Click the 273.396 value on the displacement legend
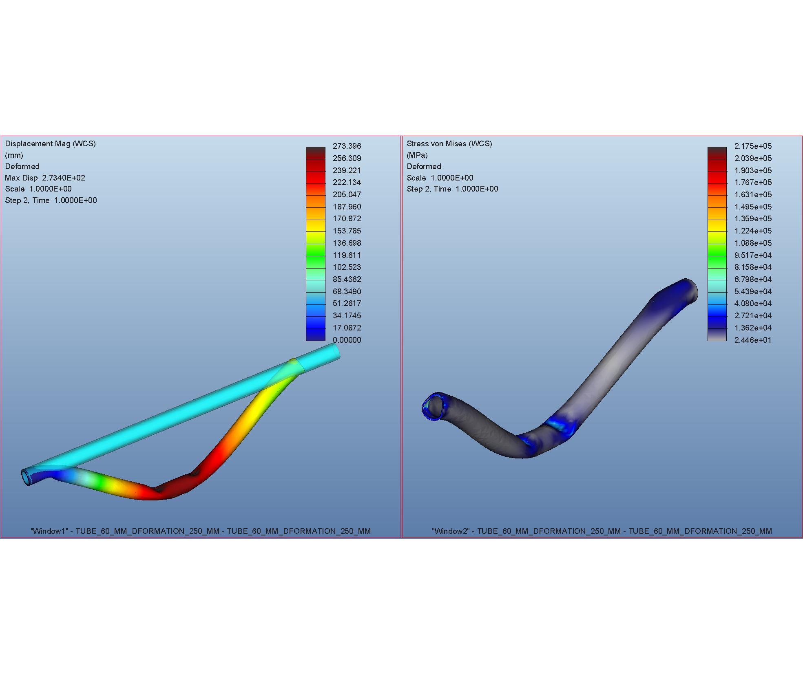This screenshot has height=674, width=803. [347, 146]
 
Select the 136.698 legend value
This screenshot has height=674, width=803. [347, 243]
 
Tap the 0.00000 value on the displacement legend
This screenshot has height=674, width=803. [347, 340]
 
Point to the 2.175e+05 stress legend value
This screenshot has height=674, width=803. [753, 146]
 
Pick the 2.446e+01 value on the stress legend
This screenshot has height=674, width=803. [753, 340]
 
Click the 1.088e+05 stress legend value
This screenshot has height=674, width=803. [753, 243]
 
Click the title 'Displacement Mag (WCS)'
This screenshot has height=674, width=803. [50, 144]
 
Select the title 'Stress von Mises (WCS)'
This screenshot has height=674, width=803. [449, 144]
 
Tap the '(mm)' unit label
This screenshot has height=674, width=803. [14, 155]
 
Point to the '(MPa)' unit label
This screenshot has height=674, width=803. [417, 155]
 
